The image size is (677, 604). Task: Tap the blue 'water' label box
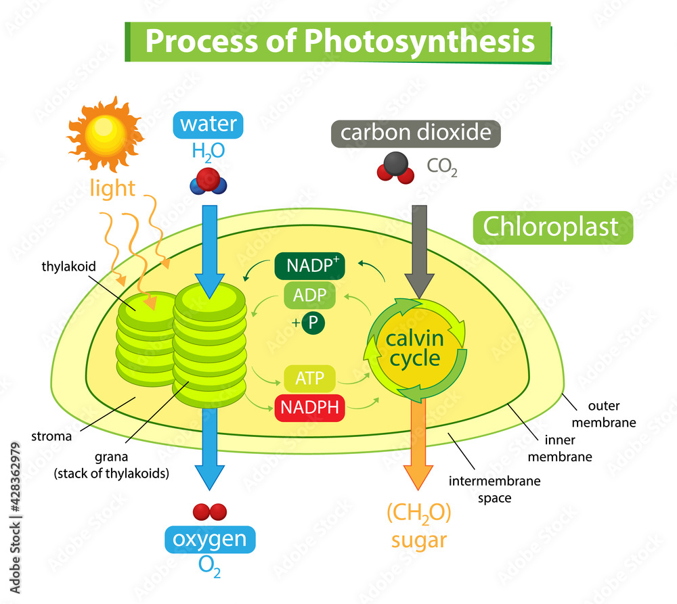tap(209, 124)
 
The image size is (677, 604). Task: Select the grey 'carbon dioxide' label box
tap(415, 133)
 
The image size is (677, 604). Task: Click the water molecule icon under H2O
tap(209, 181)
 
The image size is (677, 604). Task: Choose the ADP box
tap(309, 295)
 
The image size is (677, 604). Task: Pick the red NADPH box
tap(309, 408)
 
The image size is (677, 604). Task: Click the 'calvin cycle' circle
tap(414, 349)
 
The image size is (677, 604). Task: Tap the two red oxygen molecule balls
tap(209, 511)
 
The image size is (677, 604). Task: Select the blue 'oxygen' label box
tap(210, 540)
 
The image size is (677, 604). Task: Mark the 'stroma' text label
tap(52, 436)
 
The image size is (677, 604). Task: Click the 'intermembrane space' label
tap(485, 489)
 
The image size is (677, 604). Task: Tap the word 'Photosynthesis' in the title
tap(420, 42)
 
